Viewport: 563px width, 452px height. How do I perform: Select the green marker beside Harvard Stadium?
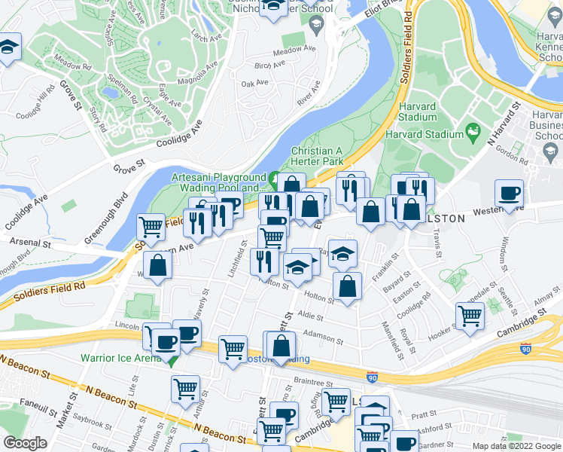tap(473, 133)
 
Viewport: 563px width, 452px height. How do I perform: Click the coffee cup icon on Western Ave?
tap(509, 194)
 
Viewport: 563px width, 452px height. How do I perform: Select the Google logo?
tap(25, 443)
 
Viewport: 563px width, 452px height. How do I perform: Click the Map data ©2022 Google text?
tap(516, 446)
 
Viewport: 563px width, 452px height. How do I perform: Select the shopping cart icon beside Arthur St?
tap(185, 389)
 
